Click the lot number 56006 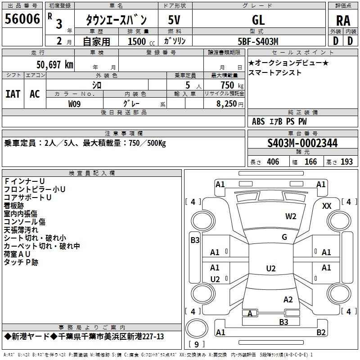tap(22, 19)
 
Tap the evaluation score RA tap(343, 20)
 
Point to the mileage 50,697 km tap(51, 65)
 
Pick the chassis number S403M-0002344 tap(302, 143)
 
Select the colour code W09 tap(75, 104)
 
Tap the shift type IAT tap(13, 94)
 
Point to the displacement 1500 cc tap(137, 41)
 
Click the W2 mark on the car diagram tap(291, 216)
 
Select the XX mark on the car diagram tap(327, 206)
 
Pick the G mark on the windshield tap(284, 237)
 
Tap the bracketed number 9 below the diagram tap(197, 345)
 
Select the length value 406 tap(273, 162)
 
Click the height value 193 tap(347, 162)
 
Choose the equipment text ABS tap(258, 121)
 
